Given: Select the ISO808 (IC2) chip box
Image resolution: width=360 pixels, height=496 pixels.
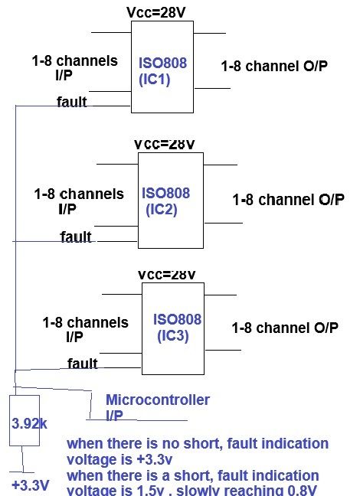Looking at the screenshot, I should [x=170, y=200].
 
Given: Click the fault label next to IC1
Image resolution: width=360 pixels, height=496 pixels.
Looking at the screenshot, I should [x=72, y=101].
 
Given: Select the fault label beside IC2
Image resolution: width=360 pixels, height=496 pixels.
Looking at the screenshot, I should [x=76, y=237].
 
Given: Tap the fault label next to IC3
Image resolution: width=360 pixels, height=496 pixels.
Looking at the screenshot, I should [x=82, y=364].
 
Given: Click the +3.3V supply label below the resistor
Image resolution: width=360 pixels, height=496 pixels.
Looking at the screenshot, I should [x=31, y=485].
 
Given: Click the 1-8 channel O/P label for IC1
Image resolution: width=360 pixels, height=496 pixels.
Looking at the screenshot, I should [x=273, y=67].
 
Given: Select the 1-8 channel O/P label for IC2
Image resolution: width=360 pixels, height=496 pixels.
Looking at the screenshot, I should [x=288, y=201].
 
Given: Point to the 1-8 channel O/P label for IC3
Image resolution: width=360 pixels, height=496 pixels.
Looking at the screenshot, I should [x=284, y=328].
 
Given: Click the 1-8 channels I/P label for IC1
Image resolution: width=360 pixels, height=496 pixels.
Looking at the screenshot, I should [x=75, y=67].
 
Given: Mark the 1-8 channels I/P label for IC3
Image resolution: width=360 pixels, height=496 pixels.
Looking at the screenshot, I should [x=85, y=329].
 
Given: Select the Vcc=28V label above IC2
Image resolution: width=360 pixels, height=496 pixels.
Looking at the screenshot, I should [x=165, y=144].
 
